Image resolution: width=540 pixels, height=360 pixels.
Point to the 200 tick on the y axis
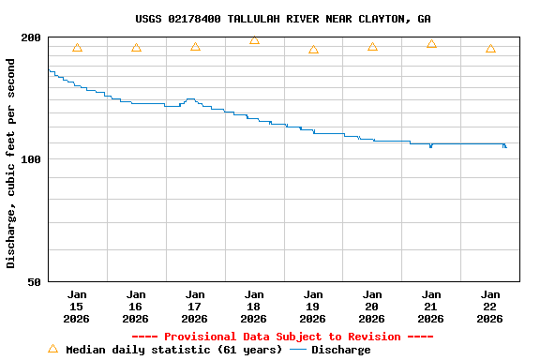31,37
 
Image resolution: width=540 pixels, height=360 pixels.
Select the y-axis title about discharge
11,163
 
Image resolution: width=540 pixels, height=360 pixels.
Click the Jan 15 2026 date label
77,306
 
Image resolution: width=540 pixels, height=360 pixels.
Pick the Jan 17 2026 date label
195,306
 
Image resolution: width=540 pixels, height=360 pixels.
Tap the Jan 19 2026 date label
313,306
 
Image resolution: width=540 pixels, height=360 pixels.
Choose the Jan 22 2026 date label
490,306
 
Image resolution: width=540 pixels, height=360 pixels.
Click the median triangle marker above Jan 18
254,40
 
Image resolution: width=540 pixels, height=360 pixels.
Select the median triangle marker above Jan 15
77,48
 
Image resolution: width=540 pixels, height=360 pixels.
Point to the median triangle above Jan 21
431,44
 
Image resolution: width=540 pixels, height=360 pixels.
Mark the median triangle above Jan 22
490,49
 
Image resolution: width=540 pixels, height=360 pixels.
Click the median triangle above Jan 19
313,50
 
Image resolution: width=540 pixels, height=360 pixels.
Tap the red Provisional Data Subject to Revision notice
282,337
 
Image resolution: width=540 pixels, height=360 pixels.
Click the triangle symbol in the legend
52,349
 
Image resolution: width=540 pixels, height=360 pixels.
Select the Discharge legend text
340,350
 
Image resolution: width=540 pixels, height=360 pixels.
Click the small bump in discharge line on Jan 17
190,98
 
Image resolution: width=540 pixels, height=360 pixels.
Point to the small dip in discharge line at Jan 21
430,146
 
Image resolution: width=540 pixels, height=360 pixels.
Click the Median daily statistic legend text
173,350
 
